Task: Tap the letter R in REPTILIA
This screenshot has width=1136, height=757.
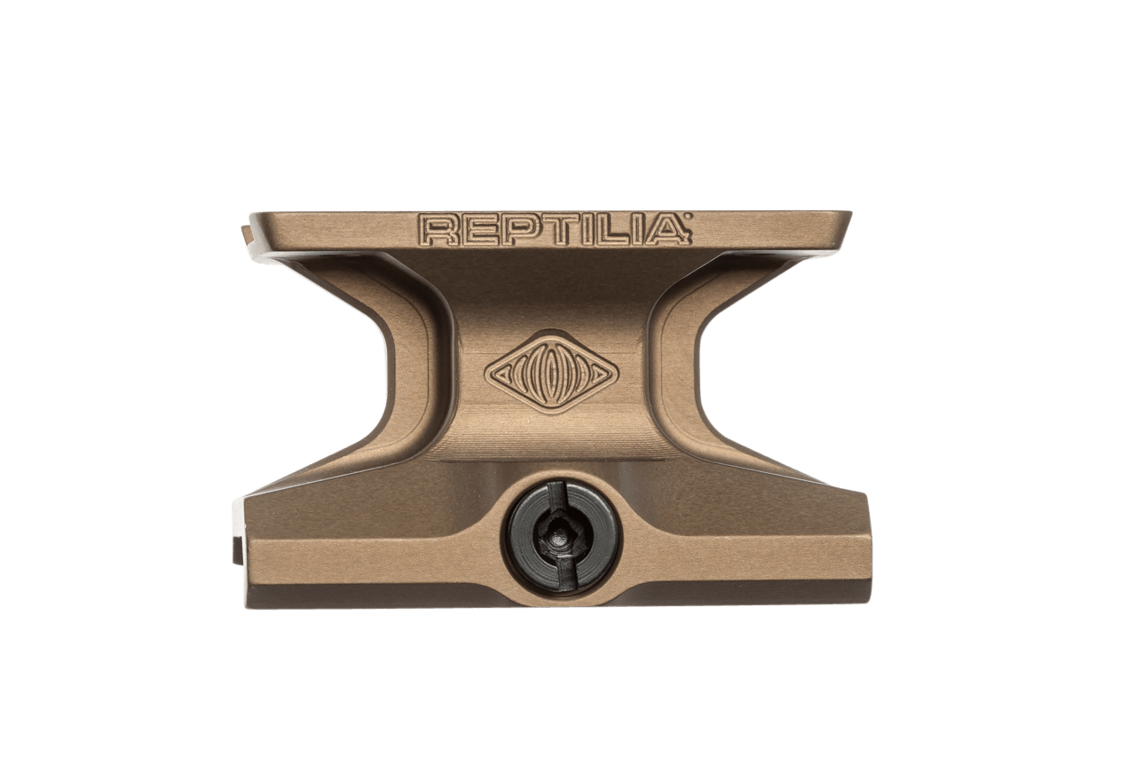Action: point(438,230)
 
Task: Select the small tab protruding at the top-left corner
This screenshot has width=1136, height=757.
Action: point(244,233)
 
